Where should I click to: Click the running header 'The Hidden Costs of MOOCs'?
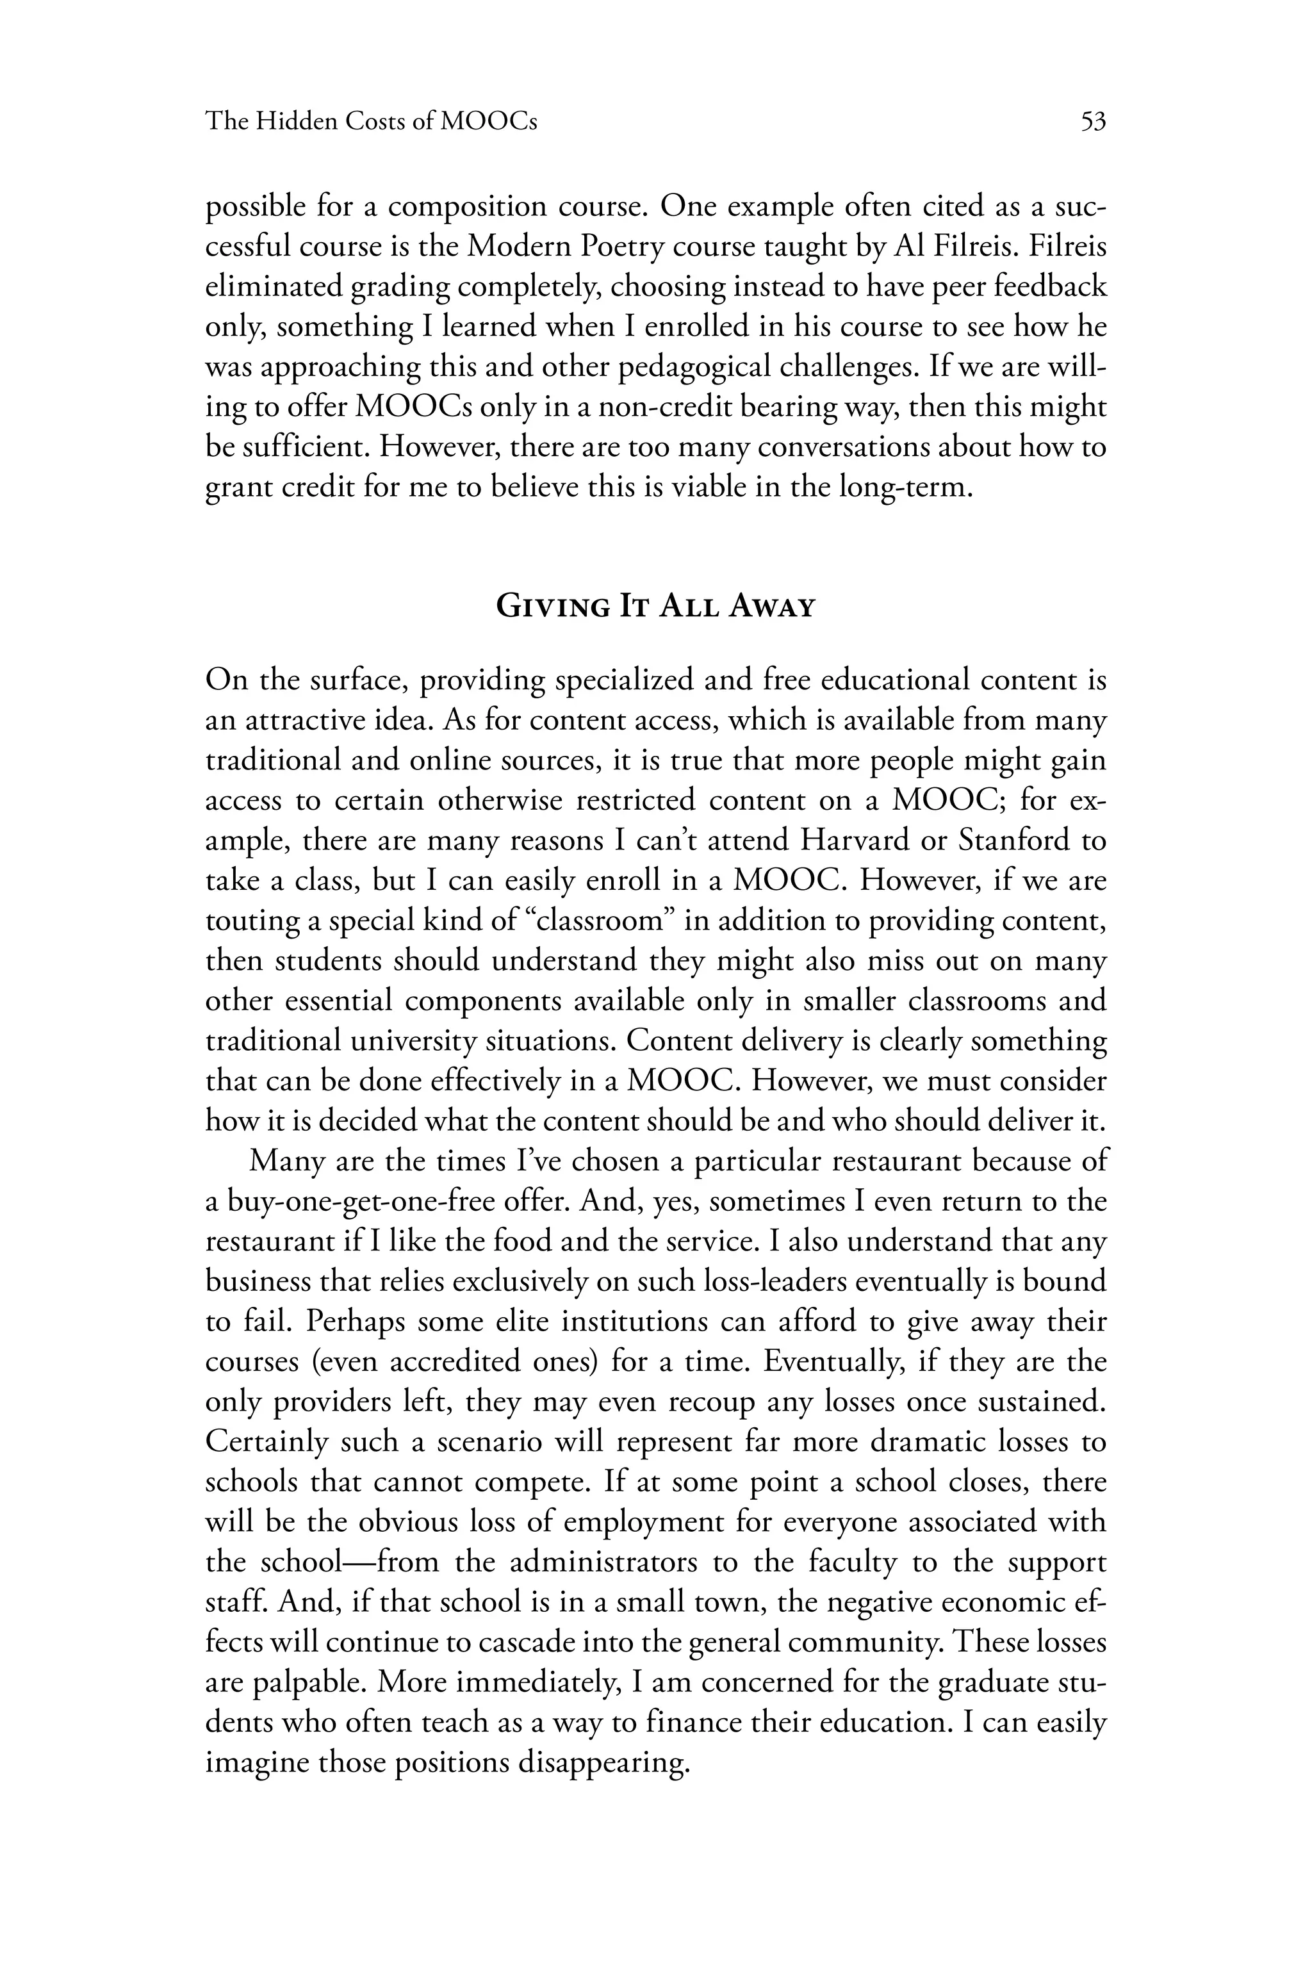pos(371,122)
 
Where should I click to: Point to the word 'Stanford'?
pos(1017,839)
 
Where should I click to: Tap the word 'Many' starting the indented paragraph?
pos(285,1161)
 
